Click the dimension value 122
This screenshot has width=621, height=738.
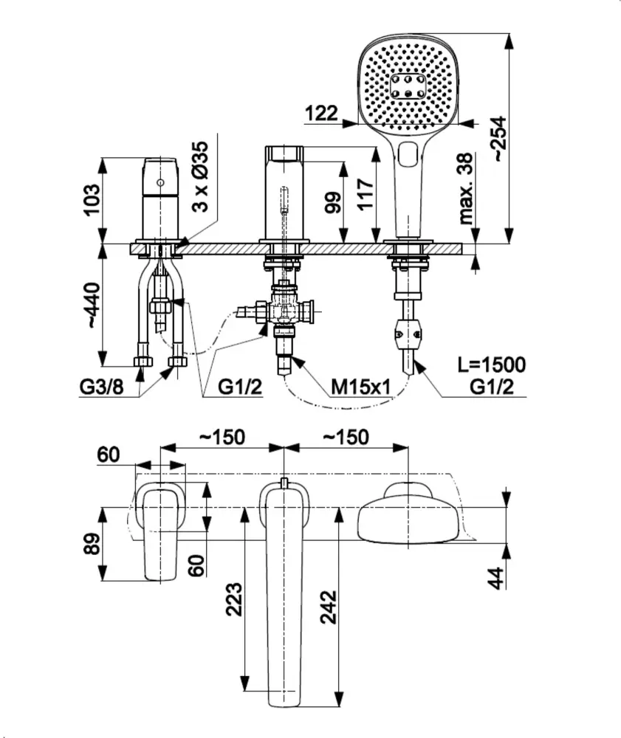pyautogui.click(x=321, y=113)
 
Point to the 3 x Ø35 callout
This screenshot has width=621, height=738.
pyautogui.click(x=201, y=176)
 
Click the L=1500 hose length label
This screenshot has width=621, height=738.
pyautogui.click(x=490, y=365)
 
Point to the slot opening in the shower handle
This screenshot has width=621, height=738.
pyautogui.click(x=407, y=156)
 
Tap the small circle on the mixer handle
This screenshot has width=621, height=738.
pyautogui.click(x=159, y=182)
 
